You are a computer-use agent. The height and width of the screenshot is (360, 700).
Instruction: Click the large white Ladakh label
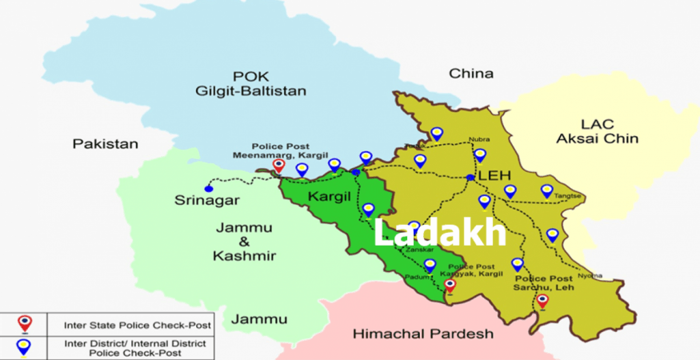pyautogui.click(x=440, y=233)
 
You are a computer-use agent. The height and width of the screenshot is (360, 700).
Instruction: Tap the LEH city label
pyautogui.click(x=494, y=175)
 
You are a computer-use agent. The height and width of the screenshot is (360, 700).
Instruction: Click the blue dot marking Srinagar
pyautogui.click(x=209, y=189)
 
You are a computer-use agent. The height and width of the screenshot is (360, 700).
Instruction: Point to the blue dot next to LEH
pyautogui.click(x=470, y=177)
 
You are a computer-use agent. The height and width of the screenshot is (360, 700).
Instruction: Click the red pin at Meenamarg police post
pyautogui.click(x=278, y=166)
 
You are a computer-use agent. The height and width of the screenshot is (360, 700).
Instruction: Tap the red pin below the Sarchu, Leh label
pyautogui.click(x=542, y=301)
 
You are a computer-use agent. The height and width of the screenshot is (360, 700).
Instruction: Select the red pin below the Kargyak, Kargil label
pyautogui.click(x=450, y=286)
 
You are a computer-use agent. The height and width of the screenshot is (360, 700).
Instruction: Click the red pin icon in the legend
pyautogui.click(x=25, y=324)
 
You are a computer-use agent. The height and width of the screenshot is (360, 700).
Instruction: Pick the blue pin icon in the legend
pyautogui.click(x=25, y=346)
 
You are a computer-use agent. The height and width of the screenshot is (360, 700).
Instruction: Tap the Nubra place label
pyautogui.click(x=479, y=138)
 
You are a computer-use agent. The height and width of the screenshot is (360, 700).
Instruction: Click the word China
pyautogui.click(x=471, y=74)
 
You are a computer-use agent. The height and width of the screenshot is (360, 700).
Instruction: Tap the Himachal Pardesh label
pyautogui.click(x=423, y=333)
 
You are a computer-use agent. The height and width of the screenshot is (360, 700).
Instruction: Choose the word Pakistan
pyautogui.click(x=105, y=144)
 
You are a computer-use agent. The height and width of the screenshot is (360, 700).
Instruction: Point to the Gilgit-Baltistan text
pyautogui.click(x=250, y=91)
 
